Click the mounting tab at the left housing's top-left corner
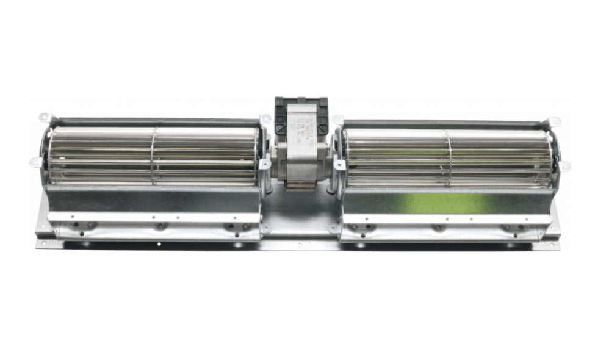(45, 117)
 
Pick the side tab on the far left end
(35, 162)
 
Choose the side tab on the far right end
(565, 165)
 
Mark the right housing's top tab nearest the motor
(337, 120)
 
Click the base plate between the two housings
(301, 220)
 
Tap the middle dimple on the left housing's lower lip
(160, 226)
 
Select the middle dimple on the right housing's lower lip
(437, 228)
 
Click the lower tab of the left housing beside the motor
(265, 229)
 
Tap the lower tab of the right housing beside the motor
(333, 229)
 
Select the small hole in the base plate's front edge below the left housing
(159, 245)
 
